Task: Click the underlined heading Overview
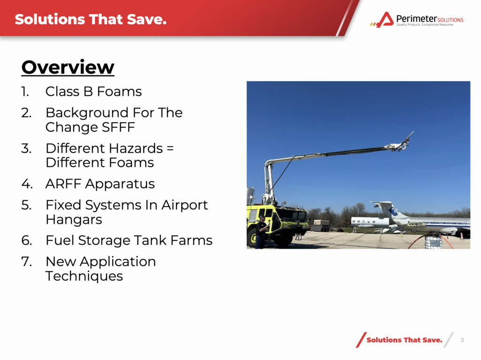pyautogui.click(x=68, y=67)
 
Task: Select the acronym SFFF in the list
pyautogui.click(x=118, y=127)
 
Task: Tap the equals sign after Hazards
pyautogui.click(x=170, y=148)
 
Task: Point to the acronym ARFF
pyautogui.click(x=63, y=184)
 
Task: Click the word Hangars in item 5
pyautogui.click(x=74, y=220)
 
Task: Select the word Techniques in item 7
pyautogui.click(x=84, y=276)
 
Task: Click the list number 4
pyautogui.click(x=27, y=184)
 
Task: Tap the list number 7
pyautogui.click(x=26, y=261)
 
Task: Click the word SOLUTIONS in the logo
pyautogui.click(x=450, y=20)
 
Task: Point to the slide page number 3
pyautogui.click(x=462, y=340)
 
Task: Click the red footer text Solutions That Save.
pyautogui.click(x=404, y=340)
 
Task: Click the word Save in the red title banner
pyautogui.click(x=147, y=19)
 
